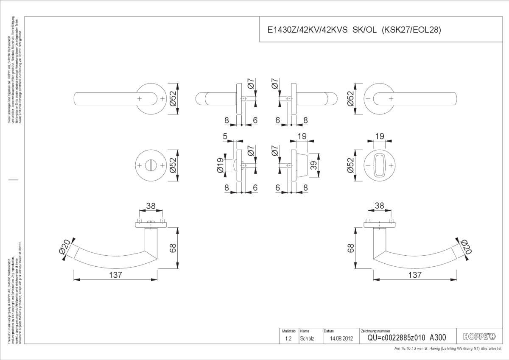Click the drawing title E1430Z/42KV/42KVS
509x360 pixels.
(308, 30)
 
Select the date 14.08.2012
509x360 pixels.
(336, 338)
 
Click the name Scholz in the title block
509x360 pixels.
(307, 338)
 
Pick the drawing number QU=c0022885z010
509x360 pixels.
(395, 338)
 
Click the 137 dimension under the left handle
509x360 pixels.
(115, 275)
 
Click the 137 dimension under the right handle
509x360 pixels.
(414, 275)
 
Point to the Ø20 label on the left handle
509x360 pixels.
(65, 248)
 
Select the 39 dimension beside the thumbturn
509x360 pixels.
(314, 165)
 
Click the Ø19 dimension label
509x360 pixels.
(220, 165)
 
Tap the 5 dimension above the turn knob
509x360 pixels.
(224, 137)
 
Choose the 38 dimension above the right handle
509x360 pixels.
(379, 206)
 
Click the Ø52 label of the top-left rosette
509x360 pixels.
(173, 99)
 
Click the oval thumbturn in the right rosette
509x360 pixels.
(380, 165)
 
